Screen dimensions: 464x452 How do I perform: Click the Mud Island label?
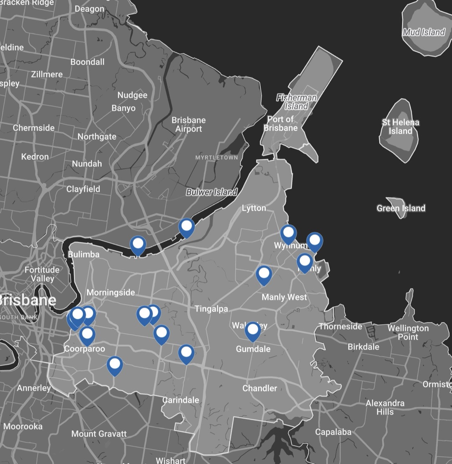click(424, 32)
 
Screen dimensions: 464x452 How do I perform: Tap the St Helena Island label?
click(401, 127)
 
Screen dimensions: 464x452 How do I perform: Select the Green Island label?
click(401, 208)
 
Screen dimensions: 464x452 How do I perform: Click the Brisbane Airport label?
click(188, 125)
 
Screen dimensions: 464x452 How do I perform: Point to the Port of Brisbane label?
click(280, 124)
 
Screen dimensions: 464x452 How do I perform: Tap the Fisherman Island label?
click(296, 102)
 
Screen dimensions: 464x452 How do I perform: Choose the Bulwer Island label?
click(211, 192)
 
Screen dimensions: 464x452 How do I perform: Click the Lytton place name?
click(254, 208)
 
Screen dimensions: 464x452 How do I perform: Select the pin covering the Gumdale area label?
click(253, 331)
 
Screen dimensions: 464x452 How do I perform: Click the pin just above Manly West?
click(264, 274)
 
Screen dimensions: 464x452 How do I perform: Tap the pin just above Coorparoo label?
click(87, 335)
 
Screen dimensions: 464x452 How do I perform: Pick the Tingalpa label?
click(211, 309)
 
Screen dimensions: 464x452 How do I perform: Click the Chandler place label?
click(259, 388)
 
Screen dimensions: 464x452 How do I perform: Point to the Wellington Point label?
click(408, 332)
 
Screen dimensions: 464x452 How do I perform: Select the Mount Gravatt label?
click(99, 434)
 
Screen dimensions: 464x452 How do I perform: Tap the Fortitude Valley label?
click(42, 274)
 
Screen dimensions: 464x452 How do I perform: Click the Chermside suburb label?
click(33, 128)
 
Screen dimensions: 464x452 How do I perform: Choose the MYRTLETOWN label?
click(216, 158)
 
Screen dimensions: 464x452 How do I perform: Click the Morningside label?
click(110, 292)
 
